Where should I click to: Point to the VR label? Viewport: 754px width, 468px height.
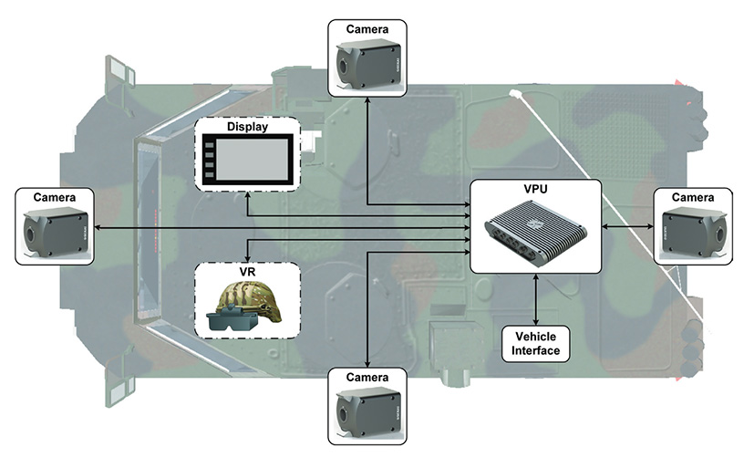pos(248,272)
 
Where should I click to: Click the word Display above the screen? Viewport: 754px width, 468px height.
pos(248,128)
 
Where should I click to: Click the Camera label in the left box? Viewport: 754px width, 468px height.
pos(55,197)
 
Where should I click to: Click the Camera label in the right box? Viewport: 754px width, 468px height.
pos(693,197)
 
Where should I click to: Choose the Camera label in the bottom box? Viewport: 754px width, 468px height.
pos(367,376)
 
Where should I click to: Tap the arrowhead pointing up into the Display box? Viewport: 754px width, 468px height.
pos(248,197)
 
